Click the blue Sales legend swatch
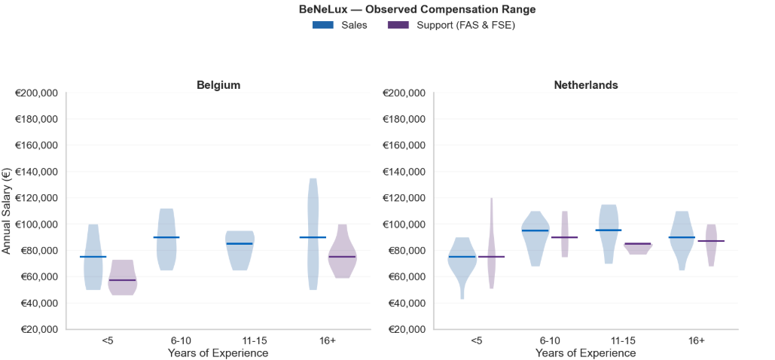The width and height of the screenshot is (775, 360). tap(322, 25)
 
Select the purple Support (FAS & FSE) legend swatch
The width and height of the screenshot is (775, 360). tap(398, 25)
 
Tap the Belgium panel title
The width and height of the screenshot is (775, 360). tap(218, 85)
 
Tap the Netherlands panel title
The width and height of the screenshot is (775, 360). tap(586, 85)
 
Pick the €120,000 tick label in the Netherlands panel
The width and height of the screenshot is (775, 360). tap(404, 198)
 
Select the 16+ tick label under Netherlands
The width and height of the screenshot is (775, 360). tap(697, 340)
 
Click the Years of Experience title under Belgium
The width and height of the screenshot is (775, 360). tap(218, 352)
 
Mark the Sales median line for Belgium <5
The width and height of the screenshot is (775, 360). tap(93, 257)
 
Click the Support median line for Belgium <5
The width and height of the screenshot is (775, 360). tap(123, 280)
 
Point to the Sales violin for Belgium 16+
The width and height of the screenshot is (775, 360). tap(313, 226)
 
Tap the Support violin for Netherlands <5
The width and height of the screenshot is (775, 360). tap(491, 249)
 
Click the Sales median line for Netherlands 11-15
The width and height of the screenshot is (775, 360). tap(609, 230)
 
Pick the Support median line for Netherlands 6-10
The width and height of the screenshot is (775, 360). tap(564, 237)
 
